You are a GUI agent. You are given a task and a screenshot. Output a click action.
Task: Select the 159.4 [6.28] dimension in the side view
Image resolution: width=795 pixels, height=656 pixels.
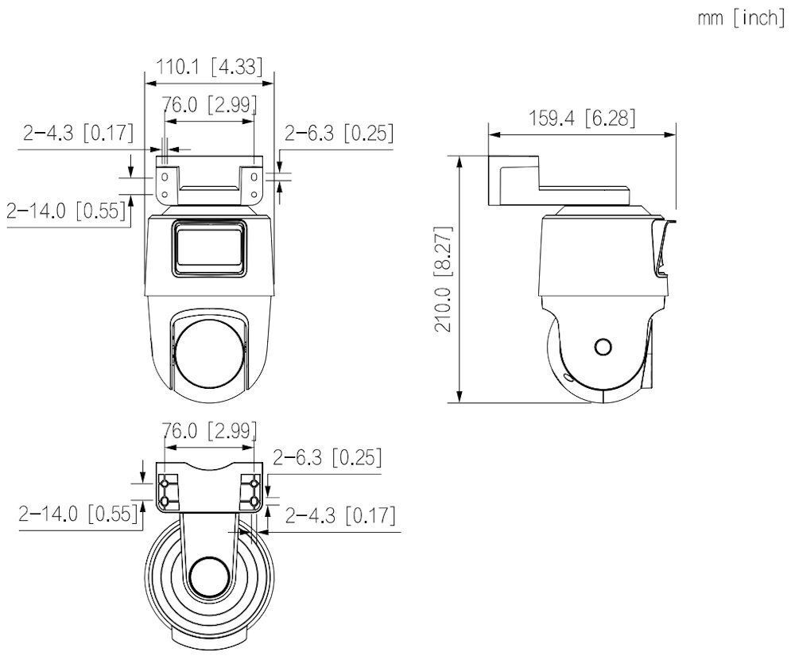point(582,118)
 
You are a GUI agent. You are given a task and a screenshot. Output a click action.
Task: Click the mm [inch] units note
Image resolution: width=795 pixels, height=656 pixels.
point(740,19)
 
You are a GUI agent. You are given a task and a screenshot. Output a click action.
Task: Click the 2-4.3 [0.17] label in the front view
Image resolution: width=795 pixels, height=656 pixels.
point(77,133)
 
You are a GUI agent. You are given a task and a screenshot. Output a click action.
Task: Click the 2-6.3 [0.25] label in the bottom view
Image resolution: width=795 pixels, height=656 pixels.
point(327,457)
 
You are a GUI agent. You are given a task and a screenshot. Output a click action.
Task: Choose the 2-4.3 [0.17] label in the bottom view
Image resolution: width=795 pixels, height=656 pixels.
point(340,515)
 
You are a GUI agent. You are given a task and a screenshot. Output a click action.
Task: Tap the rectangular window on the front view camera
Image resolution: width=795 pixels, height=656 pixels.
point(208,248)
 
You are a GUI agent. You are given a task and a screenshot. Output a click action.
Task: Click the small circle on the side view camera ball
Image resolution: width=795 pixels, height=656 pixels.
point(603,347)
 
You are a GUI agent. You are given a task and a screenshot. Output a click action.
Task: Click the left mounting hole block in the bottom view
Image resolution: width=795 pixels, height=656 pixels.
point(166,491)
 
